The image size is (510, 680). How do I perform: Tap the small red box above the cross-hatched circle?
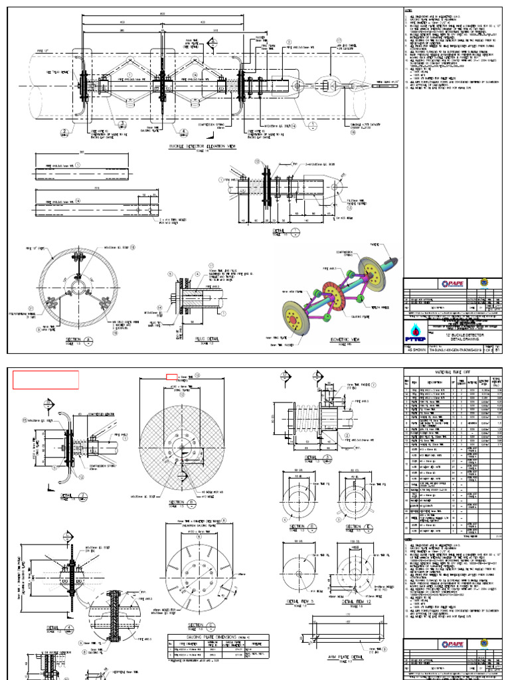(171, 377)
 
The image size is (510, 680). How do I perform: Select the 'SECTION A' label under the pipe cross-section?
(73, 339)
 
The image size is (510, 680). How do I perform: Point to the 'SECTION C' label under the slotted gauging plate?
(197, 625)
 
